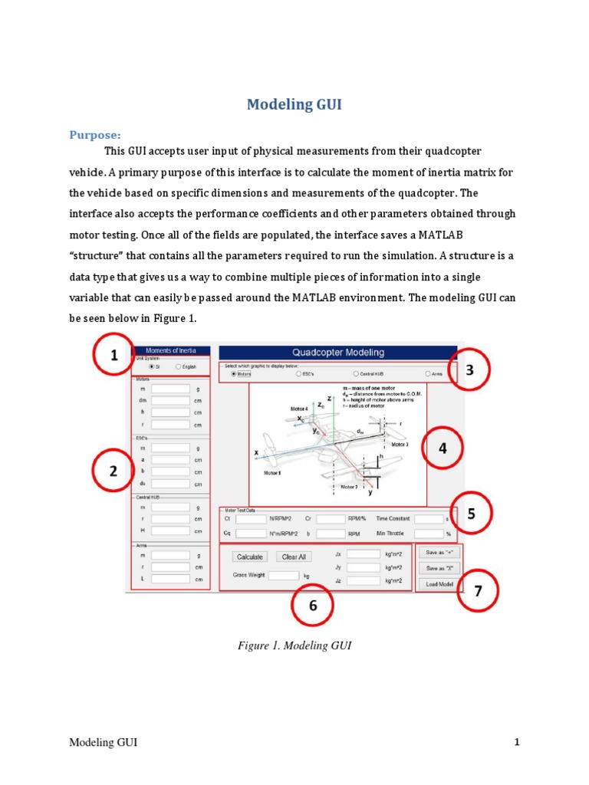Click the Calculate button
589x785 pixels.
click(x=250, y=557)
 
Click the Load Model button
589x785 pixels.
click(x=439, y=584)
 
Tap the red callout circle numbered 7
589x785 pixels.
click(x=478, y=592)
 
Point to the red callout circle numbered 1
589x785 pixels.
click(x=114, y=356)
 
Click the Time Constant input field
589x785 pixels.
click(x=429, y=519)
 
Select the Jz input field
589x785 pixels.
click(x=363, y=581)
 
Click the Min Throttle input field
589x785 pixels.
click(x=429, y=534)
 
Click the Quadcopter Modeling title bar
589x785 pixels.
click(x=338, y=353)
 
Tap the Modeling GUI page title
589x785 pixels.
click(x=294, y=105)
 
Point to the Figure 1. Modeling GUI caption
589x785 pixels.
click(x=294, y=646)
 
